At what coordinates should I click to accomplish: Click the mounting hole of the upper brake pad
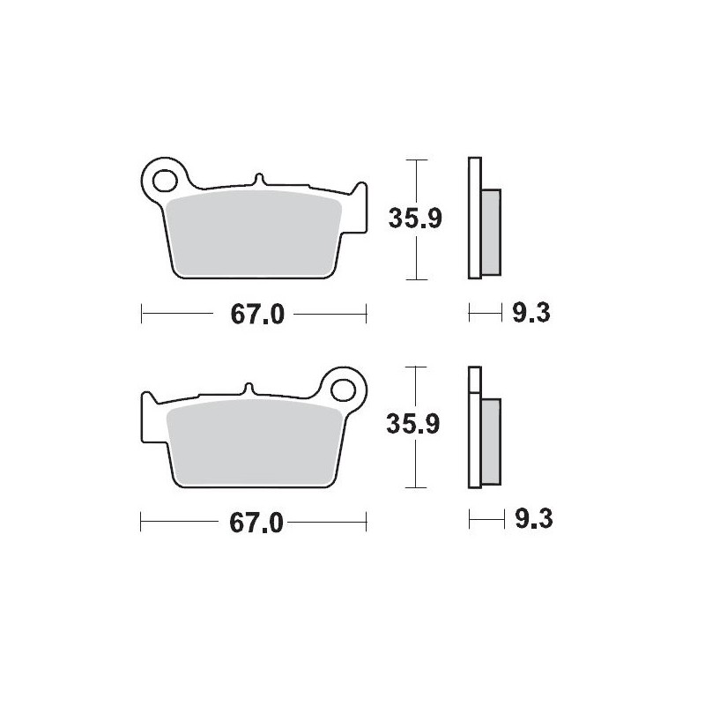[165, 181]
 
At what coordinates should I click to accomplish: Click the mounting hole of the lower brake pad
[343, 390]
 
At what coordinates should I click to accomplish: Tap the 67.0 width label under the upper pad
[257, 315]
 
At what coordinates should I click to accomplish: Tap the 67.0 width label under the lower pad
[256, 523]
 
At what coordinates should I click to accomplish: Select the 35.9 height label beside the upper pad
[415, 219]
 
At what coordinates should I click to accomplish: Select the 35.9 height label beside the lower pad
[412, 424]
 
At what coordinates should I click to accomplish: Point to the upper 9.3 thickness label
[531, 313]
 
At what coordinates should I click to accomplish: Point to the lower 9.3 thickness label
[534, 520]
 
